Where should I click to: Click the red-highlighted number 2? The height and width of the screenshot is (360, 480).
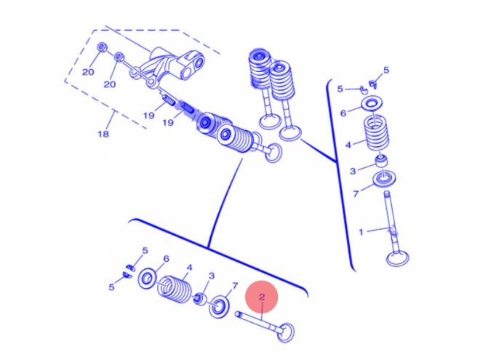click(262, 297)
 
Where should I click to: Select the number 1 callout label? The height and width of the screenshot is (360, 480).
click(361, 231)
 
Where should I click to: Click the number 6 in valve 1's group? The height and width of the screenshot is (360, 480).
click(344, 113)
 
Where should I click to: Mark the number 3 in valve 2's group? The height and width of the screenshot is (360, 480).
click(212, 276)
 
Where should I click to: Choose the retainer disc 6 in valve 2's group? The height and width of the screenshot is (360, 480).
click(147, 278)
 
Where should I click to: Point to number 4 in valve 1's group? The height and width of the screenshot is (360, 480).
click(348, 145)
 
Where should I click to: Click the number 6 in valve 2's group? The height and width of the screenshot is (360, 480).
click(166, 258)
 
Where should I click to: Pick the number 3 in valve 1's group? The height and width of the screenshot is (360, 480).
click(352, 170)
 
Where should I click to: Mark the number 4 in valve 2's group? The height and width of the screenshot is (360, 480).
click(189, 267)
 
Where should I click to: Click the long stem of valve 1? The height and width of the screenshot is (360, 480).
click(389, 215)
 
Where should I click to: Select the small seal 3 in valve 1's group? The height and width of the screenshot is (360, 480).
click(380, 161)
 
